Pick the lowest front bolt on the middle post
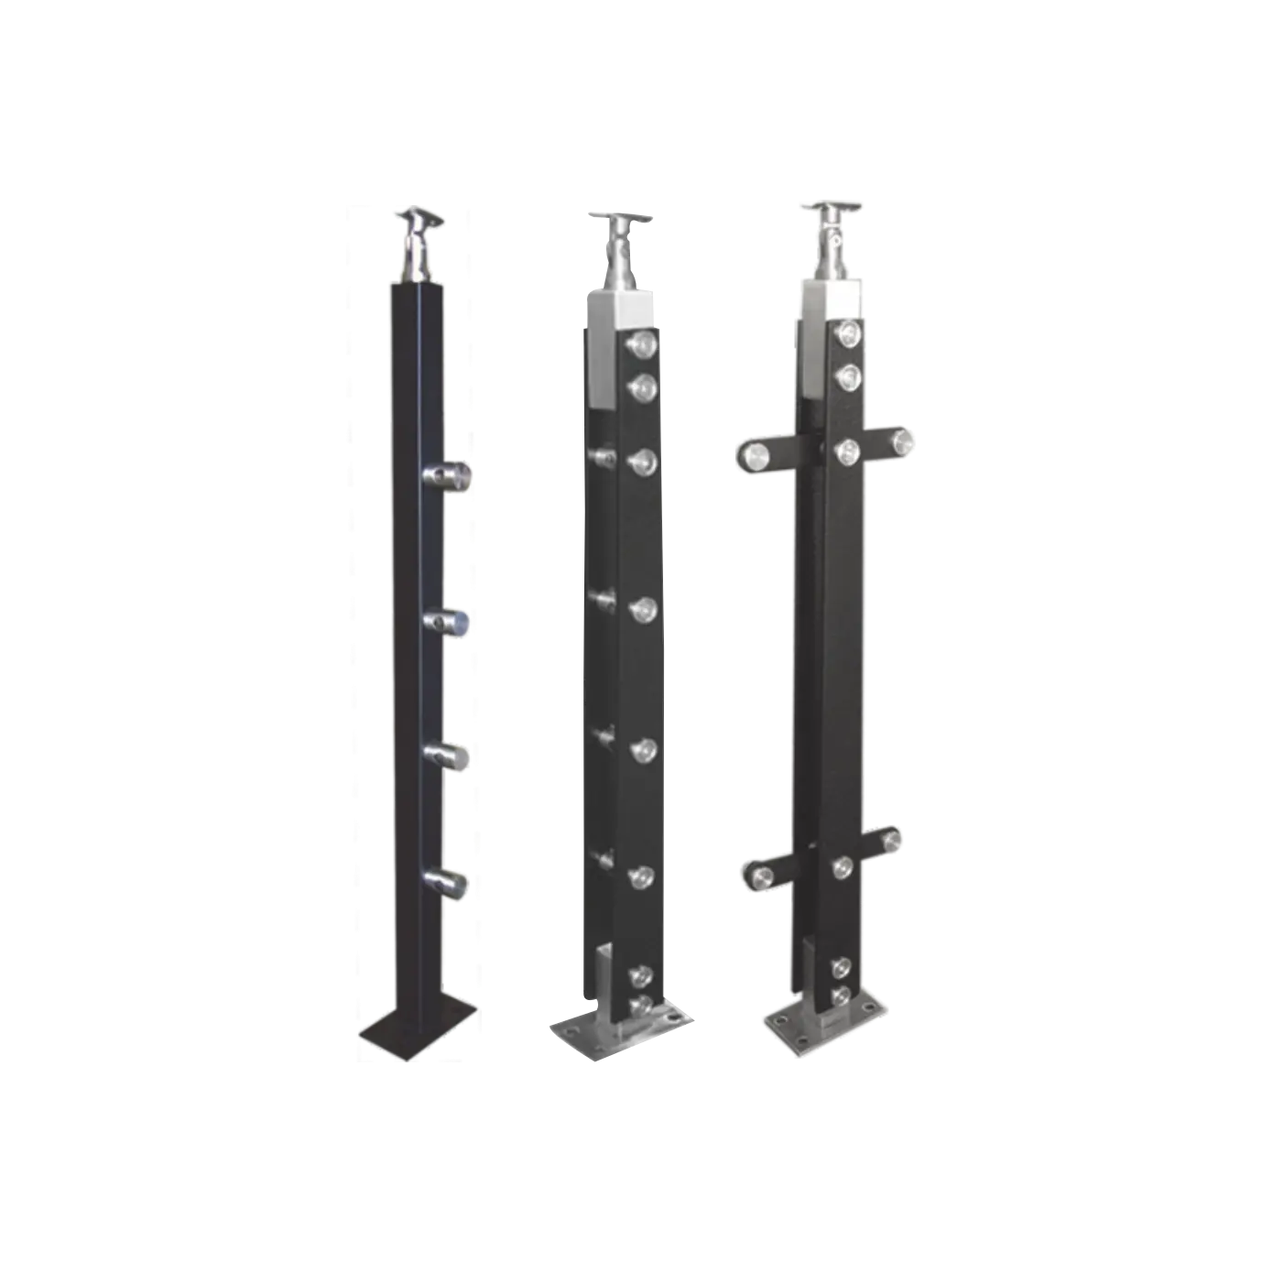pyautogui.click(x=641, y=1004)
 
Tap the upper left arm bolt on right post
pyautogui.click(x=756, y=454)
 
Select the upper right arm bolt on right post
pyautogui.click(x=902, y=441)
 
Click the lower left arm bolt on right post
pyautogui.click(x=761, y=877)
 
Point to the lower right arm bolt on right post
pyautogui.click(x=892, y=839)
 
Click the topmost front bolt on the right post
pyautogui.click(x=849, y=334)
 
